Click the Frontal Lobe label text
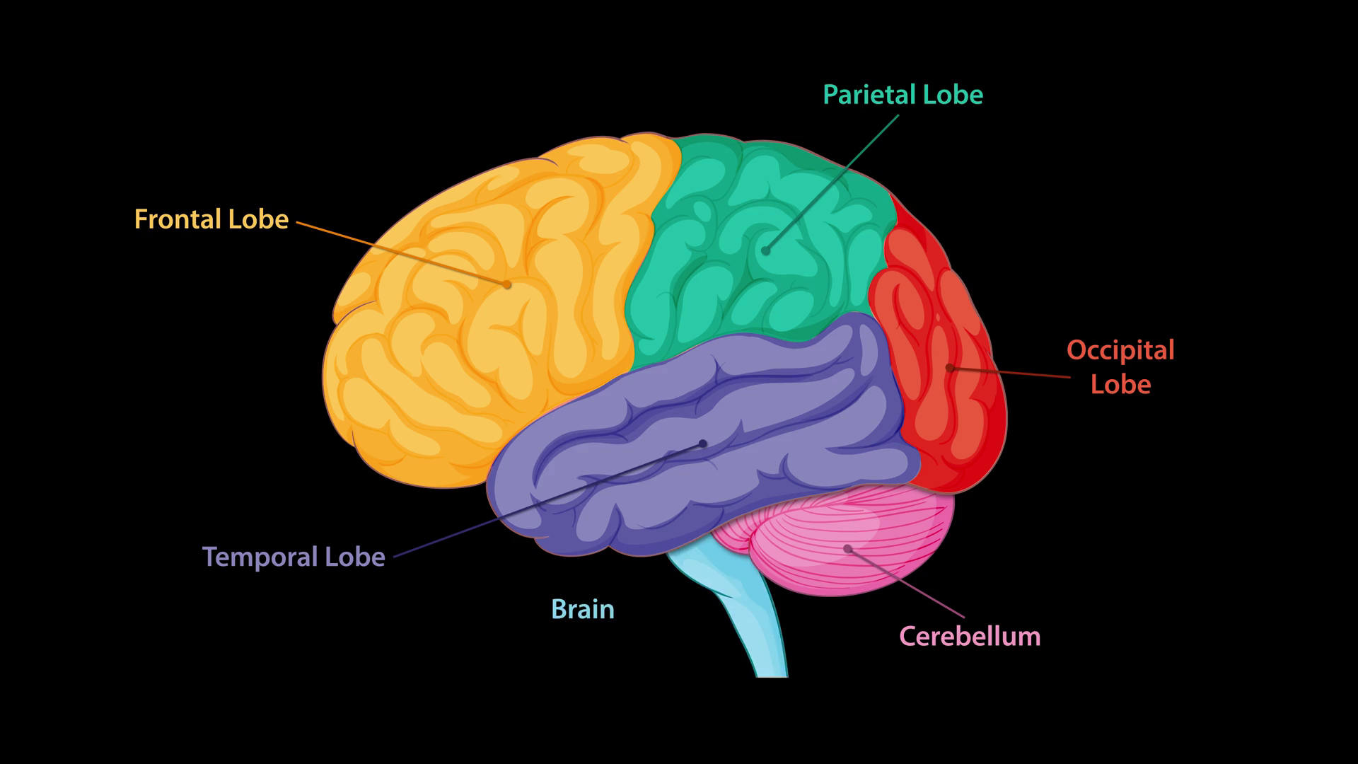pos(211,219)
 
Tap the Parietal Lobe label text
pos(903,95)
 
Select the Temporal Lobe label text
pos(294,557)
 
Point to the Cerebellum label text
pos(970,636)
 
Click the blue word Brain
pos(583,609)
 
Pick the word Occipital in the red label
pos(1120,350)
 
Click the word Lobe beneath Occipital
pos(1120,384)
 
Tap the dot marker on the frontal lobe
pos(507,284)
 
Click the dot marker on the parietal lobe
pos(765,250)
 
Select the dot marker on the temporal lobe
pos(703,444)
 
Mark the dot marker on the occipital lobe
pos(949,368)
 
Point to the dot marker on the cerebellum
pos(847,548)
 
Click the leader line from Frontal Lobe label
pos(396,251)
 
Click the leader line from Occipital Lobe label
pos(1011,372)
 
